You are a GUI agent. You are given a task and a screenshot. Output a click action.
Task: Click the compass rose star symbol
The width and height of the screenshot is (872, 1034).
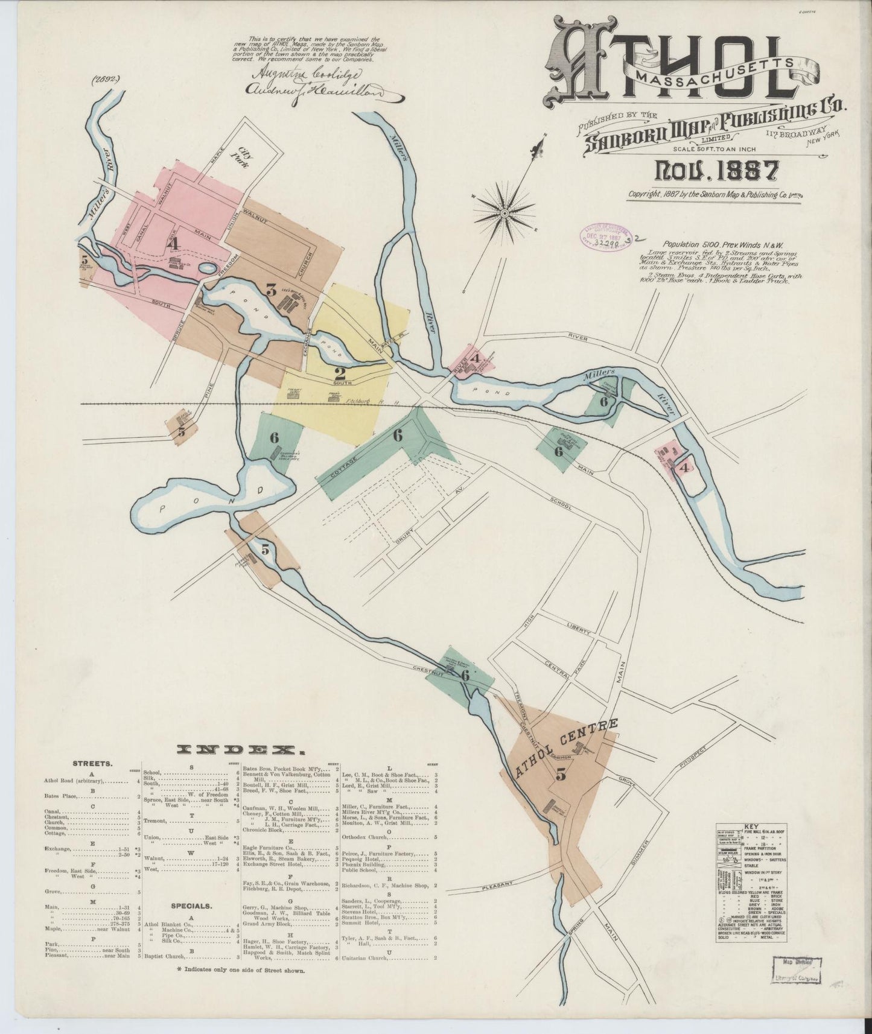[504, 212]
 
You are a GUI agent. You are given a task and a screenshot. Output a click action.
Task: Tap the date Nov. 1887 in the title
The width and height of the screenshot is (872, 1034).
[716, 171]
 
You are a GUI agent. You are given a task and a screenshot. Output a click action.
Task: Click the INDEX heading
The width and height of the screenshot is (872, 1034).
[240, 750]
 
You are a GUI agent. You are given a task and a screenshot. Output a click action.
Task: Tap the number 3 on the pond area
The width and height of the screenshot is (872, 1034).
[272, 291]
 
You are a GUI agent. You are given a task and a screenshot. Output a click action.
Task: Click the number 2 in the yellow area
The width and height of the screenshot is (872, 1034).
[340, 373]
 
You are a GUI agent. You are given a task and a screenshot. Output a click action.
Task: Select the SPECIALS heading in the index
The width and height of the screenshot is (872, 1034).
[190, 906]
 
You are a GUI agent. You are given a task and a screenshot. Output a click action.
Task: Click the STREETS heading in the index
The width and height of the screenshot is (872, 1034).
[92, 763]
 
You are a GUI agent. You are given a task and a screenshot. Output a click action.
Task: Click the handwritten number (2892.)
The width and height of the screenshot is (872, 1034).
[107, 79]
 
